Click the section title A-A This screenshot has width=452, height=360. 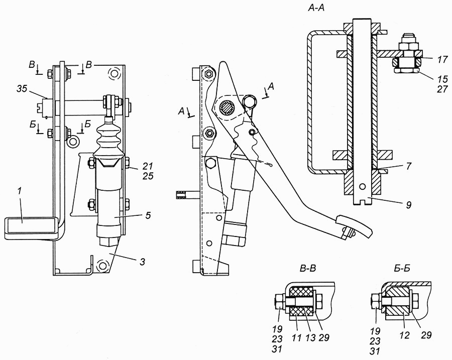pyautogui.click(x=316, y=8)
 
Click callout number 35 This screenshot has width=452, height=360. pyautogui.click(x=22, y=89)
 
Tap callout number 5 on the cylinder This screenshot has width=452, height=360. pyautogui.click(x=148, y=215)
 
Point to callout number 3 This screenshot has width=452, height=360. pyautogui.click(x=142, y=262)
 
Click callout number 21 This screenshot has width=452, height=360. pyautogui.click(x=148, y=166)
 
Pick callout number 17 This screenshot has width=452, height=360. pyautogui.click(x=442, y=60)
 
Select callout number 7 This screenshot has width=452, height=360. pyautogui.click(x=408, y=166)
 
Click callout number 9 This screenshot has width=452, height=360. pyautogui.click(x=409, y=205)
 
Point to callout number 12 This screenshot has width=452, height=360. pyautogui.click(x=405, y=335)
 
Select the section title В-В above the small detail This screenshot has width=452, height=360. pyautogui.click(x=308, y=269)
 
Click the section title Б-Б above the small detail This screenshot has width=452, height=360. pyautogui.click(x=402, y=269)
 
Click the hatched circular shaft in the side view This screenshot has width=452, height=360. pyautogui.click(x=228, y=108)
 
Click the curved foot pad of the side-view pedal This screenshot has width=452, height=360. pyautogui.click(x=354, y=224)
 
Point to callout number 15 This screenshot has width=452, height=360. pyautogui.click(x=443, y=79)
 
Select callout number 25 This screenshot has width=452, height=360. pyautogui.click(x=148, y=176)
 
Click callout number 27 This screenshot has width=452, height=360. pyautogui.click(x=442, y=89)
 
